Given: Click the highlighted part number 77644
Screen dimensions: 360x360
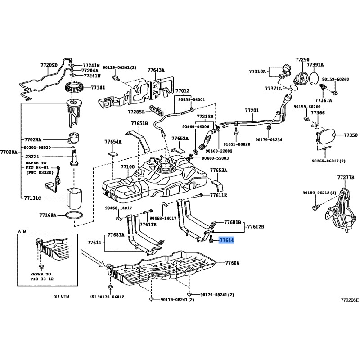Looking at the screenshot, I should click(226, 241).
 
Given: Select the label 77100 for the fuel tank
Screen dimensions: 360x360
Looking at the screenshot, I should click(127, 166).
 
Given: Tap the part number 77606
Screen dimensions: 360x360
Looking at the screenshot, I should click(232, 262).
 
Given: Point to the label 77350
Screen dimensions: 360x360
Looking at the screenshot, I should click(350, 135).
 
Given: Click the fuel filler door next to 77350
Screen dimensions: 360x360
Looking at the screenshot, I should click(327, 135).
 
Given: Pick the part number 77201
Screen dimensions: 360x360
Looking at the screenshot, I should click(252, 110).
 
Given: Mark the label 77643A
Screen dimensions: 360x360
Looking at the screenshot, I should click(156, 70).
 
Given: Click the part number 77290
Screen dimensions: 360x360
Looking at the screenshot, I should click(302, 59).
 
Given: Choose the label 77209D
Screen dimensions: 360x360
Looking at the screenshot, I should click(49, 65).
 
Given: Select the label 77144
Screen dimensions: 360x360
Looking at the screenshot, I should click(98, 88).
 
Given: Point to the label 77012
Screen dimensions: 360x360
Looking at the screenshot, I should click(182, 90).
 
